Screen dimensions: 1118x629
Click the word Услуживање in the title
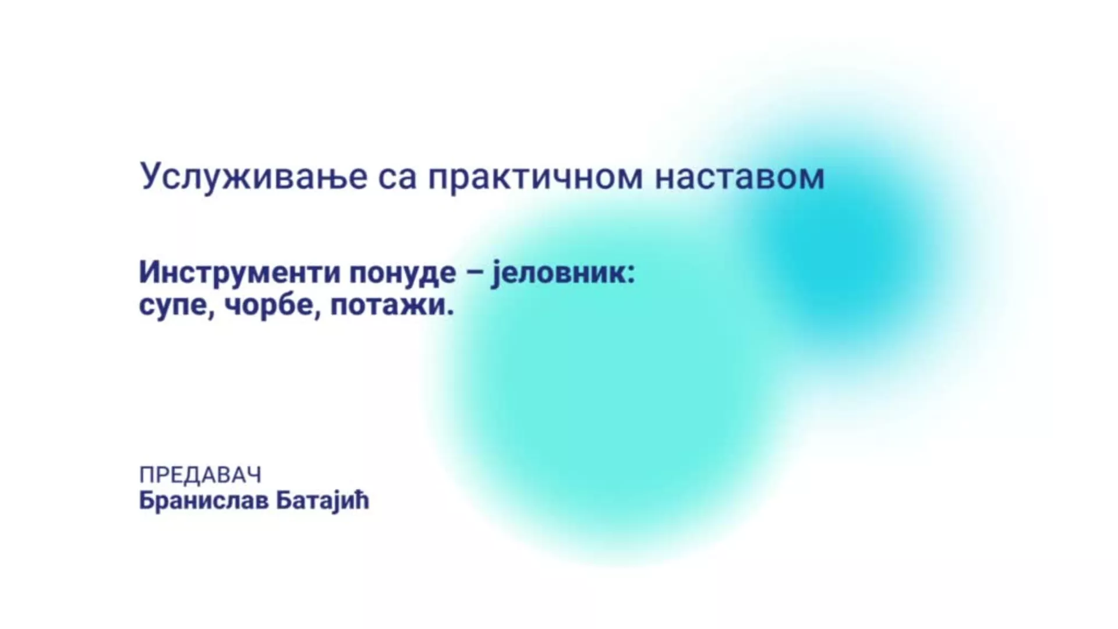coord(254,177)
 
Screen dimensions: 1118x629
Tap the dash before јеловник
coord(475,274)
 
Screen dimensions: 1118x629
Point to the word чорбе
coord(269,305)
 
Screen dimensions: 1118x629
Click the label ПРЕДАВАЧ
coord(200,475)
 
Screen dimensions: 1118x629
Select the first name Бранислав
coord(204,501)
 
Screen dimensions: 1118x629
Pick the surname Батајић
coord(323,501)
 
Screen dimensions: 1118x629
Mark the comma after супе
coord(212,315)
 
